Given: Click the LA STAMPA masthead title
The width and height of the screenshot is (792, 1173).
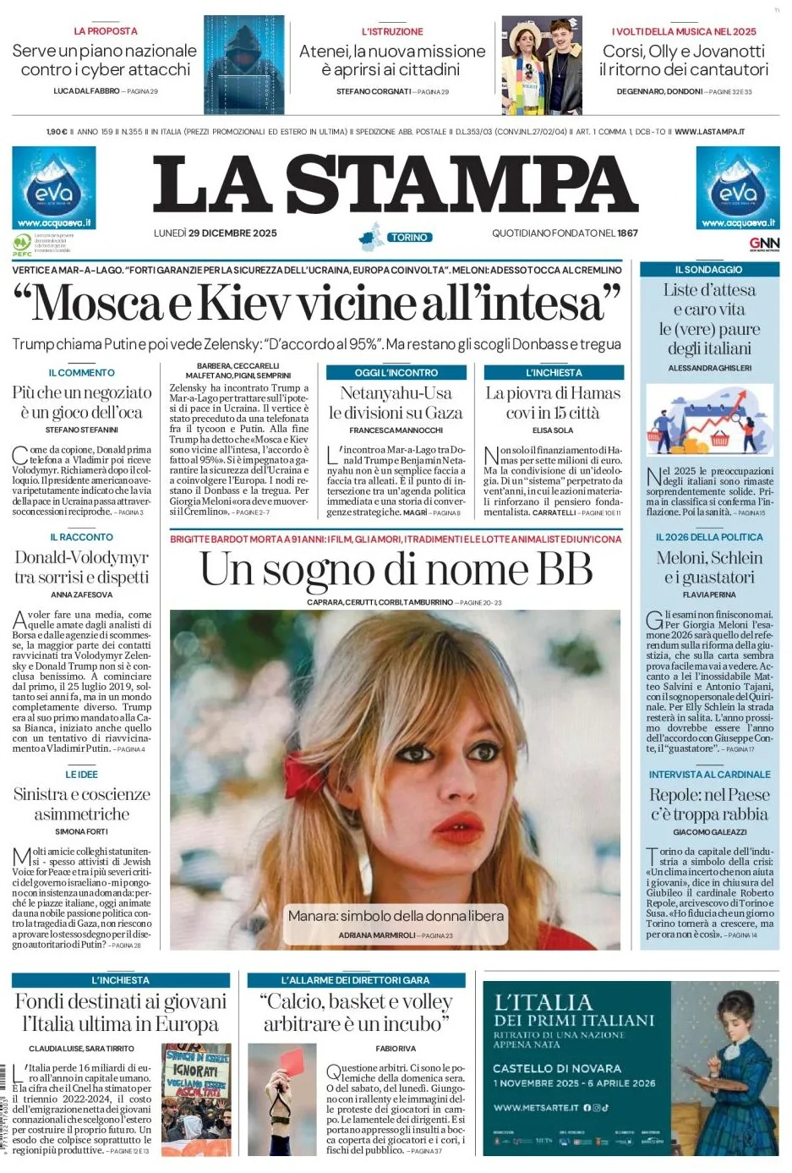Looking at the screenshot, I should point(395,184).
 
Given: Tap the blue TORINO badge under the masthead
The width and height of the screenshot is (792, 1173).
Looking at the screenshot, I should point(409,238).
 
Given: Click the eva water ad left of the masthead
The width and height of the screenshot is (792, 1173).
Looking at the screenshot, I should point(53,189).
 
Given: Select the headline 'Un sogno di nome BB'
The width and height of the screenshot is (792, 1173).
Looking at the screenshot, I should point(396,569).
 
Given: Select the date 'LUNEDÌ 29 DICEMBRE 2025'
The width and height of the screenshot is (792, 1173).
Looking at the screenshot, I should point(215,233).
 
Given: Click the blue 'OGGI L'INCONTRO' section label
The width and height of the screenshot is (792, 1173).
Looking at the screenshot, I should point(396,372).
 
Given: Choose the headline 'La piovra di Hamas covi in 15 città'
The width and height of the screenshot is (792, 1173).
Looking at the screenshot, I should point(553,403).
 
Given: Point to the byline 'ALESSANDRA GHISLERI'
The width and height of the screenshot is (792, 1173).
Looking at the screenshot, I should point(709,368).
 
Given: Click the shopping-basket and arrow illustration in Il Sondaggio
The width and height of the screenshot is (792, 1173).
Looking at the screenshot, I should point(709,418).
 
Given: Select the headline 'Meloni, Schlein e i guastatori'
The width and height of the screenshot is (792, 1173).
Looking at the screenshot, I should point(709,567).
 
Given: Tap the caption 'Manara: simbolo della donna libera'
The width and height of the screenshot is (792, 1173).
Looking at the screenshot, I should point(396,916).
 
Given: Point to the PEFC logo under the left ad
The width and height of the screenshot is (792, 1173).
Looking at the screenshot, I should point(22,244).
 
